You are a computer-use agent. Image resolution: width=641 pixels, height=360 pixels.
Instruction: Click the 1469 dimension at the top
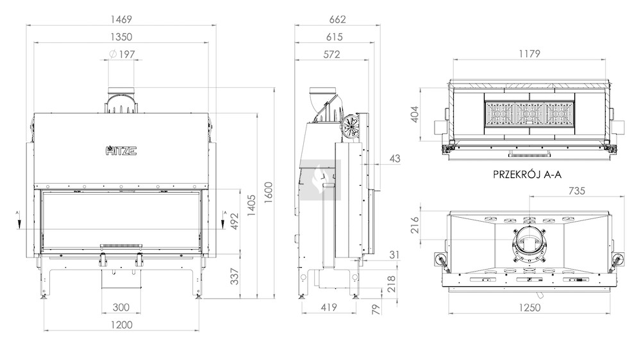pos(121,19)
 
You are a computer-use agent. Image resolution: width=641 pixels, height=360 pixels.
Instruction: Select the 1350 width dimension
pos(121,37)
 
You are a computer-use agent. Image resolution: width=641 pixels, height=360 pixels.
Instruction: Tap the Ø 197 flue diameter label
pos(122,54)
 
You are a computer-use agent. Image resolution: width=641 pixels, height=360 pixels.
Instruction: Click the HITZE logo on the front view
pos(121,151)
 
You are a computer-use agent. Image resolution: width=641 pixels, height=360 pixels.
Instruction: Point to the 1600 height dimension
pos(268,193)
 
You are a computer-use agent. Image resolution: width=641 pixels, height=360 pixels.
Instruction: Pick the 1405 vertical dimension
pos(251,206)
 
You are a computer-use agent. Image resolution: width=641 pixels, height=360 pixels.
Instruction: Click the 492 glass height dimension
pos(235,222)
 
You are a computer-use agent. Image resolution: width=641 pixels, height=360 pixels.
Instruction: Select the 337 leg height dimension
pos(235,277)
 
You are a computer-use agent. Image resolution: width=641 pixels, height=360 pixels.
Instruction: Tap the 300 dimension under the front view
pos(121,307)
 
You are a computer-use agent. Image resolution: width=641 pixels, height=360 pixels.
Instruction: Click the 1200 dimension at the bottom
pos(121,325)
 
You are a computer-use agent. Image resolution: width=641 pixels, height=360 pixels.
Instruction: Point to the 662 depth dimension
pos(338,19)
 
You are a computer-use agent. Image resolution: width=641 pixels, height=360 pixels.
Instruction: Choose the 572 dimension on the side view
pos(331,54)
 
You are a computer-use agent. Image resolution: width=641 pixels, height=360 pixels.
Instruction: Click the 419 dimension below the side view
pos(329,307)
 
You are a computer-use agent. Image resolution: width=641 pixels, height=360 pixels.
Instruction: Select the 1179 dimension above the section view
pos(529,54)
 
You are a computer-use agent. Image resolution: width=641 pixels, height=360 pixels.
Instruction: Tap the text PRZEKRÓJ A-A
pos(528,174)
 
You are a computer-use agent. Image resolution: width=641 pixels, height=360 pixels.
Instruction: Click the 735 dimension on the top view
pos(577,190)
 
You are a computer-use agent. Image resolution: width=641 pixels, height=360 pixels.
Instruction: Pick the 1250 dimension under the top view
pos(529,307)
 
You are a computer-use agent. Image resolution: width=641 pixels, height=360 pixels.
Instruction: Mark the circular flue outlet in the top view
pos(529,244)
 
